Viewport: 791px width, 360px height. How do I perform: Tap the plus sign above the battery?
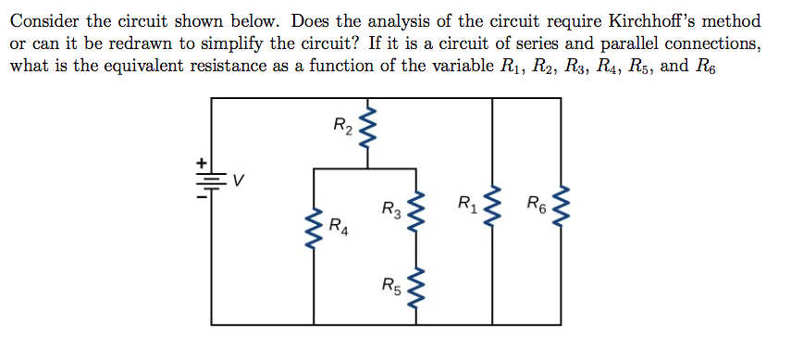pyautogui.click(x=198, y=167)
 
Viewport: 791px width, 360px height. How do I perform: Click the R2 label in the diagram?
pyautogui.click(x=341, y=124)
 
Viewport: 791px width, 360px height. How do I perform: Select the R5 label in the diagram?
pyautogui.click(x=391, y=285)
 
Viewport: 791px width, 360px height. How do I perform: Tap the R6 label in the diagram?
pyautogui.click(x=536, y=204)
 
